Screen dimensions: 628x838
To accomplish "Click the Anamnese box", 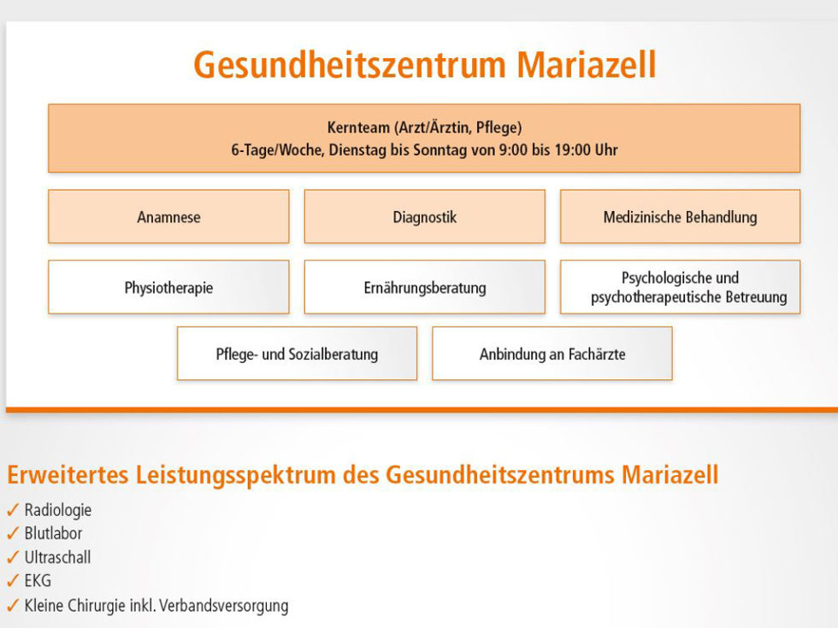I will [x=168, y=217].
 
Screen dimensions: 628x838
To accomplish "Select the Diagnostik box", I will [x=424, y=217].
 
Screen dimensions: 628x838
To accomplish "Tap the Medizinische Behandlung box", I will [x=680, y=217].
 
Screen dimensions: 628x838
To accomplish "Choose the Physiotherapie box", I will [x=168, y=288].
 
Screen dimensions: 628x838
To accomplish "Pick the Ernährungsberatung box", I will [x=424, y=288].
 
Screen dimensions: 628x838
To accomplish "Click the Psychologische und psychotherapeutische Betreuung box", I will [x=680, y=288].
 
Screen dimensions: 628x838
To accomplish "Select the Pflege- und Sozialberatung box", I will [x=297, y=354].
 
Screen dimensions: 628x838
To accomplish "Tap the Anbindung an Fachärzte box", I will [x=552, y=354].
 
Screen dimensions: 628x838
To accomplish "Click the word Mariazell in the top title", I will [x=586, y=66].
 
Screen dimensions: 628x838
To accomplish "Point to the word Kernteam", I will [x=358, y=127].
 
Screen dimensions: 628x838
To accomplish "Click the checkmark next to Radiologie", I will [x=12, y=510].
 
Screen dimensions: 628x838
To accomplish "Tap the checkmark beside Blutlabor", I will [x=12, y=534].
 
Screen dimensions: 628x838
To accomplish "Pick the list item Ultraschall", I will [x=57, y=558].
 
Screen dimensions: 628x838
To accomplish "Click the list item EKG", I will [x=38, y=582].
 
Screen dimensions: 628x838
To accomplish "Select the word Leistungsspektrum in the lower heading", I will [x=235, y=476].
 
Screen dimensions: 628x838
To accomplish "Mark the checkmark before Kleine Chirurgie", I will [x=12, y=606].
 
